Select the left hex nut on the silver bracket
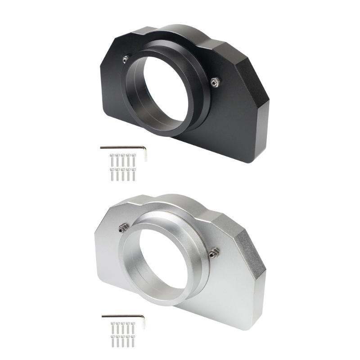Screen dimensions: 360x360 [x=121, y=230]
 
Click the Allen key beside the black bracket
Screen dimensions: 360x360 [x=121, y=147]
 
